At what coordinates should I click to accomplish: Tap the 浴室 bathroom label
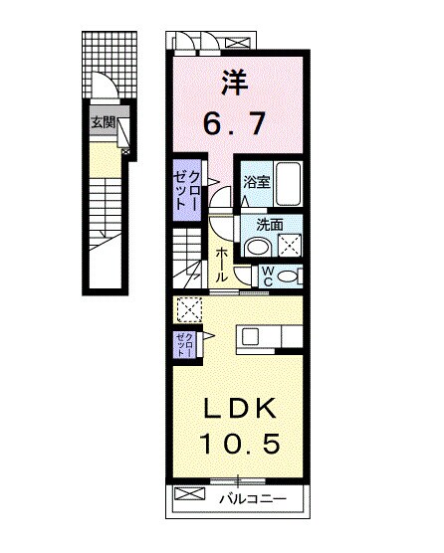(x=257, y=183)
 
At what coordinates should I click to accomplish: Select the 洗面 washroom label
(x=257, y=225)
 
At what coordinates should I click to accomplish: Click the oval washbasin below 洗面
(x=257, y=248)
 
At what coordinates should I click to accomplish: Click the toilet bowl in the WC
(x=290, y=276)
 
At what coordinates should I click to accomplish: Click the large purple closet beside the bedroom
(x=186, y=189)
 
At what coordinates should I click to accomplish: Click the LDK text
(x=234, y=410)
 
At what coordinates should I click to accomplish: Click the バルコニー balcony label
(x=253, y=495)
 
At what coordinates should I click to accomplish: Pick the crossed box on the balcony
(x=187, y=494)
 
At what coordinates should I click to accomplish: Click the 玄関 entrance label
(x=103, y=123)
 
